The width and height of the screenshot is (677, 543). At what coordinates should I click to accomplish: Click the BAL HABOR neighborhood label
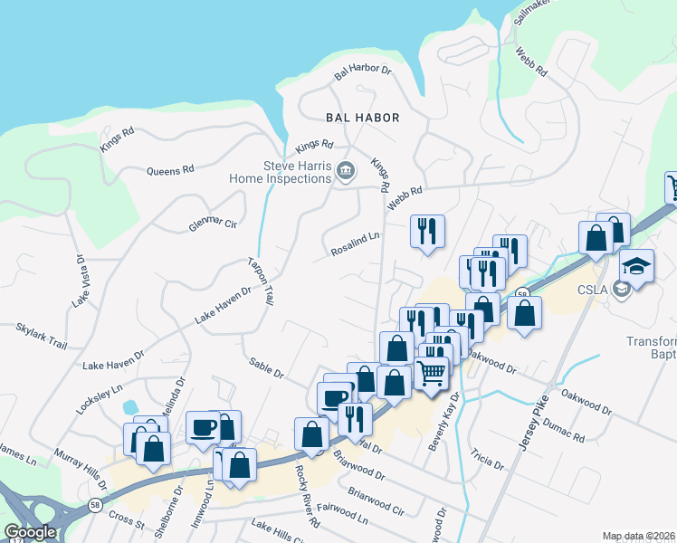pos(362,119)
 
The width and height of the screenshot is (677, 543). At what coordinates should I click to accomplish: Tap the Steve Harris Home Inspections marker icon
pos(345,171)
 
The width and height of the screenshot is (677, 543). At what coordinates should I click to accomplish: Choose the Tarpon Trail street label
pos(261,281)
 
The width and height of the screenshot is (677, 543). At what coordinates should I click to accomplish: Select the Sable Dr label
pos(267,367)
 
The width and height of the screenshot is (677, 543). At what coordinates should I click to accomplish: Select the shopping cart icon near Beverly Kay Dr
pos(432,371)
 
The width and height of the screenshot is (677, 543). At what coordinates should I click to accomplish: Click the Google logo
pos(30,533)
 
